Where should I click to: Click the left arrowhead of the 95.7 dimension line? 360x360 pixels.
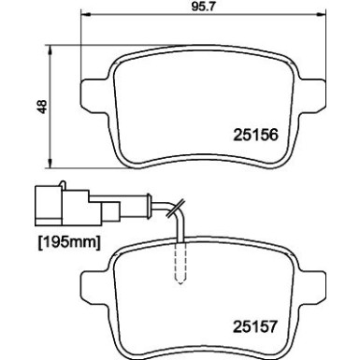tap(87, 23)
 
